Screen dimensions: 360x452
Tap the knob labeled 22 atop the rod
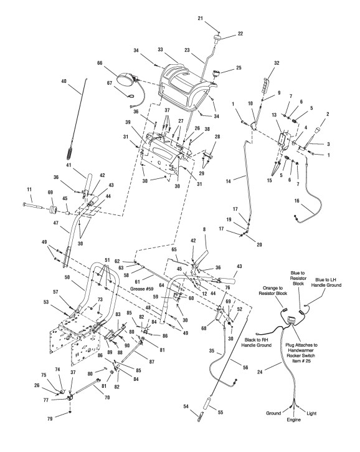[x=218, y=38]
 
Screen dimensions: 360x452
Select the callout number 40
[x=64, y=81]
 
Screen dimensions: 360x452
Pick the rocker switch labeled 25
[x=216, y=73]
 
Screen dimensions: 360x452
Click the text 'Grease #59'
[x=142, y=289]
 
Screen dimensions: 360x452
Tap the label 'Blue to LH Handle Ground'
[x=328, y=282]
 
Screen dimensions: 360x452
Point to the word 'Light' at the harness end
[x=311, y=413]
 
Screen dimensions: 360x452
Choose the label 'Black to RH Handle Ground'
[x=257, y=342]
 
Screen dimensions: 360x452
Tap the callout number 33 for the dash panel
[x=161, y=50]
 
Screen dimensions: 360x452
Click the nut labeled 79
[x=70, y=413]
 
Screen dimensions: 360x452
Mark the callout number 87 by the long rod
[x=152, y=362]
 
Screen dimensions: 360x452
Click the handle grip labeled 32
[x=265, y=82]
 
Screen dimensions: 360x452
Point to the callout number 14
[x=229, y=181]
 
